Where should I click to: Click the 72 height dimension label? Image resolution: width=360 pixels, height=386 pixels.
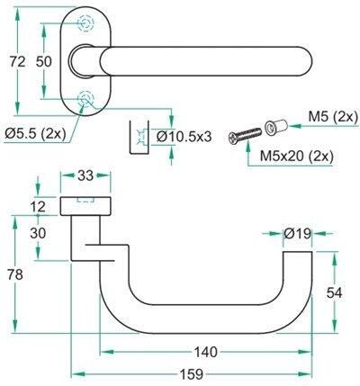click(17, 62)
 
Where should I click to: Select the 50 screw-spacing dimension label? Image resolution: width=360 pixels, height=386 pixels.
click(44, 62)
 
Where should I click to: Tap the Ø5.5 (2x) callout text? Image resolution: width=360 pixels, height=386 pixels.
click(35, 133)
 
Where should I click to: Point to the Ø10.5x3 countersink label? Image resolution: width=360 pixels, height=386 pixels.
click(184, 137)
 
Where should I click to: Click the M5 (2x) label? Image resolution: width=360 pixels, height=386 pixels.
click(333, 117)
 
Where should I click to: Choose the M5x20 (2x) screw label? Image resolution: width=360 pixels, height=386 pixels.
click(297, 156)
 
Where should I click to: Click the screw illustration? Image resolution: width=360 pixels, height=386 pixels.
click(245, 136)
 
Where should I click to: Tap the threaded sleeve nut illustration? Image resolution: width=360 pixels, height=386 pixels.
click(276, 127)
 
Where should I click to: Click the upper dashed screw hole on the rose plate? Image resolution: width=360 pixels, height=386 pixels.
click(85, 22)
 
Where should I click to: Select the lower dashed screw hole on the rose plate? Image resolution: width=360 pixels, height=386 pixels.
click(85, 98)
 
